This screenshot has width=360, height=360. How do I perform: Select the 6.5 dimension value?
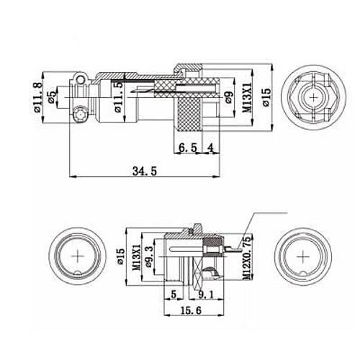pos(187,147)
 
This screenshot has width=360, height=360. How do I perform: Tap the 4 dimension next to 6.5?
pos(210,147)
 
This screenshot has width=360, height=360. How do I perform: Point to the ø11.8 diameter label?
pos(37,101)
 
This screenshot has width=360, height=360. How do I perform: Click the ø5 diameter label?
pos(52,99)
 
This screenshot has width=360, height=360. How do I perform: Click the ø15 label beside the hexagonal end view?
pos(266,98)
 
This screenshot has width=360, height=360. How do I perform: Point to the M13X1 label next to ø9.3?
pos(137,256)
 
